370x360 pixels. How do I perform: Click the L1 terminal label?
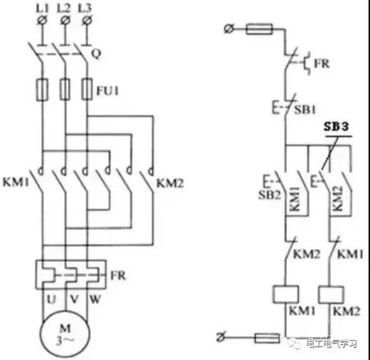pos(42,9)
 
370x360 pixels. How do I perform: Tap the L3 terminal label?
pos(85,9)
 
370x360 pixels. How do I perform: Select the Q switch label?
pos(96,54)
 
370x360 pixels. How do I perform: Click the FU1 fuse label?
pos(107,90)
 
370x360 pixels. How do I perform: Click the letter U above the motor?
pos(51,300)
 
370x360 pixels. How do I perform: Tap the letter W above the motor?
pos(95,300)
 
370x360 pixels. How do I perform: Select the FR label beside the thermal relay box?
pos(118,275)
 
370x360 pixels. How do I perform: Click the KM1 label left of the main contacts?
pos(16,182)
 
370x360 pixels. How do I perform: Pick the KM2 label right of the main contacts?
pos(170,184)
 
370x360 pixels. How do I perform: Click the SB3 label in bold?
pos(337,127)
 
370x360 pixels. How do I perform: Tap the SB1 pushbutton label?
pos(305,110)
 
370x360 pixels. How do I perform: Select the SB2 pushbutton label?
pos(270,195)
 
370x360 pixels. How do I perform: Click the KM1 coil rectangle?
pos(286,295)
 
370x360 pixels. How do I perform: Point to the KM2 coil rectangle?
pos(331,295)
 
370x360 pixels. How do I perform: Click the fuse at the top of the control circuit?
pos(259,29)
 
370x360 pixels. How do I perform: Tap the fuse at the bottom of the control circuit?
pos(267,338)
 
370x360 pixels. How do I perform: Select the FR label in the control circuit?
pos(322,63)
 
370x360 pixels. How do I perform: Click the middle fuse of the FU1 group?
pos(65,89)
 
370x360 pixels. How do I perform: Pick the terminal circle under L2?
pos(65,21)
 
